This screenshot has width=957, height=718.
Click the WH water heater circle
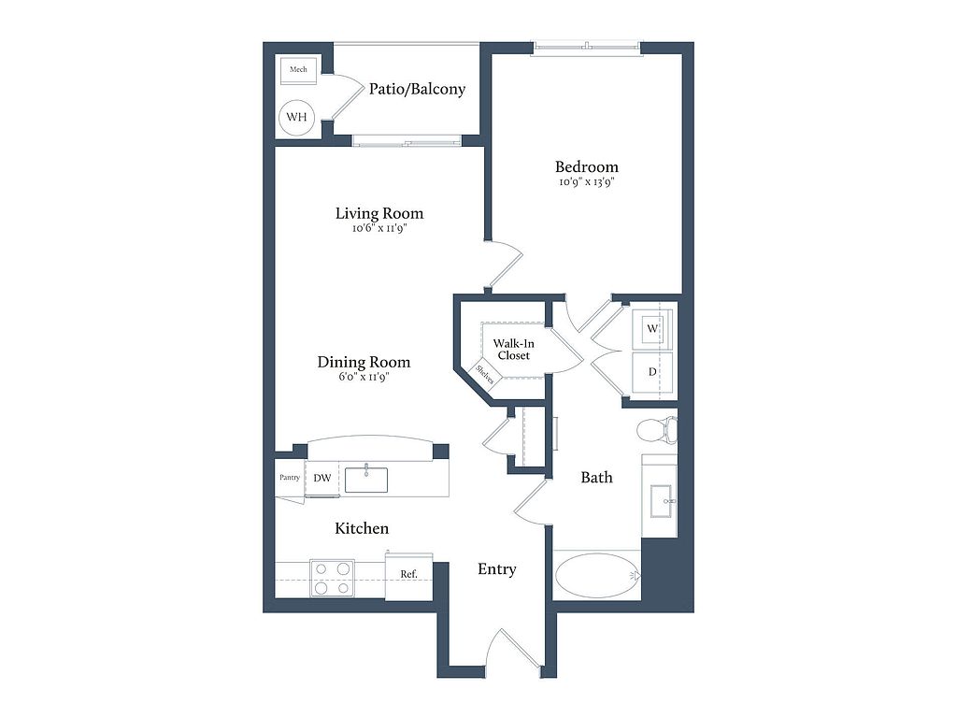[296, 117]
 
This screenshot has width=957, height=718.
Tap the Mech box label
[298, 69]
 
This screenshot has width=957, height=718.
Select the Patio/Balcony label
[417, 89]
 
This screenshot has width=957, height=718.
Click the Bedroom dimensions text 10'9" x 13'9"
[586, 182]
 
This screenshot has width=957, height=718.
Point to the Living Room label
[379, 214]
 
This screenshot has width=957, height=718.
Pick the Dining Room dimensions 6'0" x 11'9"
[364, 377]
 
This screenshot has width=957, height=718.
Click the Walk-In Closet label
[514, 350]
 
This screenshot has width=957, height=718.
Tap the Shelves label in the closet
[485, 374]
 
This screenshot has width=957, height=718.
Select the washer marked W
[651, 328]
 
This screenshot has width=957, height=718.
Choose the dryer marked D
[651, 372]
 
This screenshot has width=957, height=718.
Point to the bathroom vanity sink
[661, 501]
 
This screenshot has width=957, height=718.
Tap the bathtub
[597, 576]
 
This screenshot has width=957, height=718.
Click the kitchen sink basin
[366, 480]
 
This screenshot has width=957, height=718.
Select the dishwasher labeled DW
[322, 479]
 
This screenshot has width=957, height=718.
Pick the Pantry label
[290, 478]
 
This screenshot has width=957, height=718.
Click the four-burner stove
[333, 578]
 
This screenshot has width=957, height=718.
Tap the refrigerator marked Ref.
[409, 575]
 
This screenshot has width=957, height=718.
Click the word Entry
[497, 569]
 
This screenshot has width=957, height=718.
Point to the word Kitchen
[362, 528]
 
